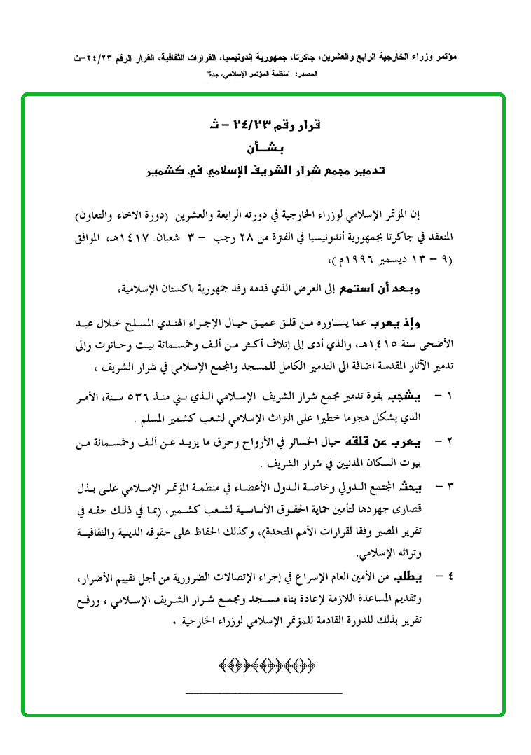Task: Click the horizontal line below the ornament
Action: pos(264,693)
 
